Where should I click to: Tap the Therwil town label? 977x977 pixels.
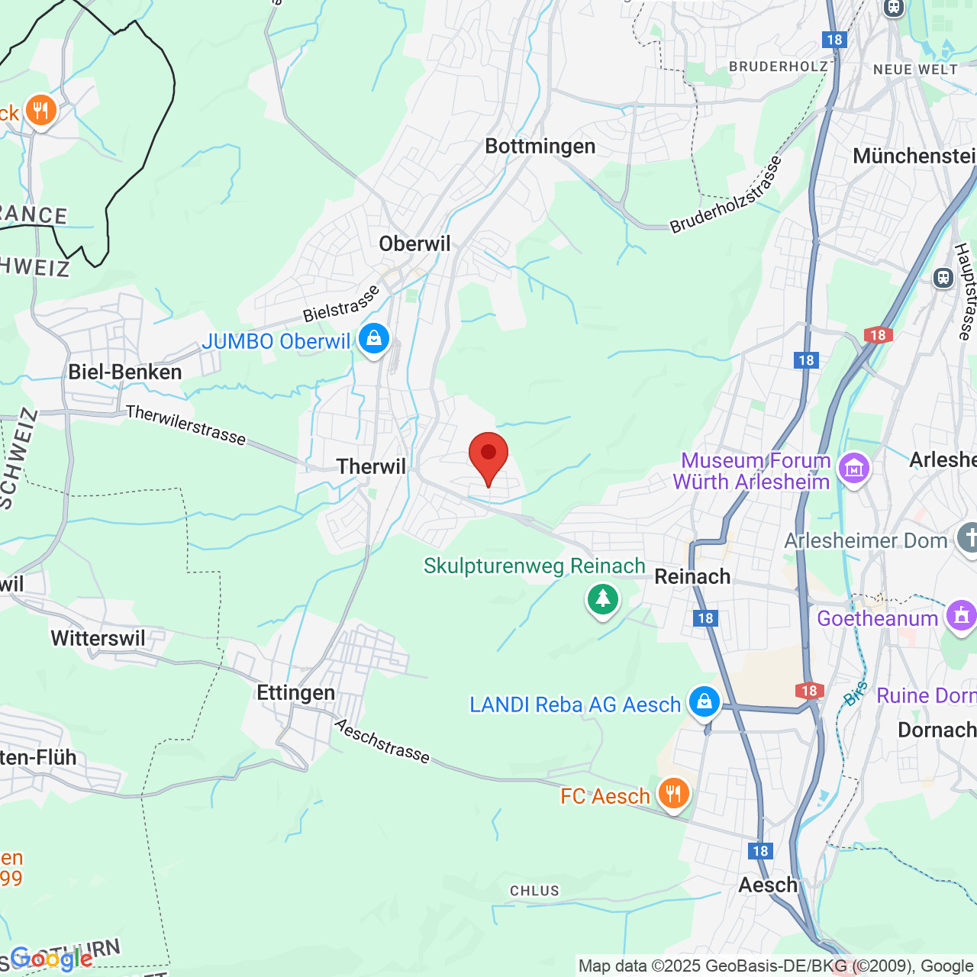[371, 466]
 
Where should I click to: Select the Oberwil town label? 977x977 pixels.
[414, 243]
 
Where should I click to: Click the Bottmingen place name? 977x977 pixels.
[540, 146]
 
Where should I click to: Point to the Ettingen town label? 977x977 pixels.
[295, 692]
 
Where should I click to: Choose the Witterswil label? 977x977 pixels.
[98, 638]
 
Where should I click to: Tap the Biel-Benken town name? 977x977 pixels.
[125, 372]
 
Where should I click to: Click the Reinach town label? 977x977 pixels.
[692, 576]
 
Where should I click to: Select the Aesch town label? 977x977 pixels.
[767, 885]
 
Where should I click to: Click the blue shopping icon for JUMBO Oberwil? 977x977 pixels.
[373, 338]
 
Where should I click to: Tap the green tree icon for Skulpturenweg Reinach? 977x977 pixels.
[603, 598]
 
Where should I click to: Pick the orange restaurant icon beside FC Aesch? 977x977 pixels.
[672, 793]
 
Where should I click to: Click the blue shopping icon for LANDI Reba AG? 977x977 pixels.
[704, 701]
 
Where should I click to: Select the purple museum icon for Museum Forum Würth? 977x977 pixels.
[854, 468]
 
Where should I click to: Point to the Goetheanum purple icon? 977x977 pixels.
[961, 615]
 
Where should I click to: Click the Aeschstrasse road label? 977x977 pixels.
[382, 740]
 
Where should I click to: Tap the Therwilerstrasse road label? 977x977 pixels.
[186, 425]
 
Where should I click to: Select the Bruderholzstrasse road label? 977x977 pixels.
[727, 195]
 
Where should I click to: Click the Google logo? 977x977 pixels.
[51, 959]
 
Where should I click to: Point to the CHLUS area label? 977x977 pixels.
[534, 891]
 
